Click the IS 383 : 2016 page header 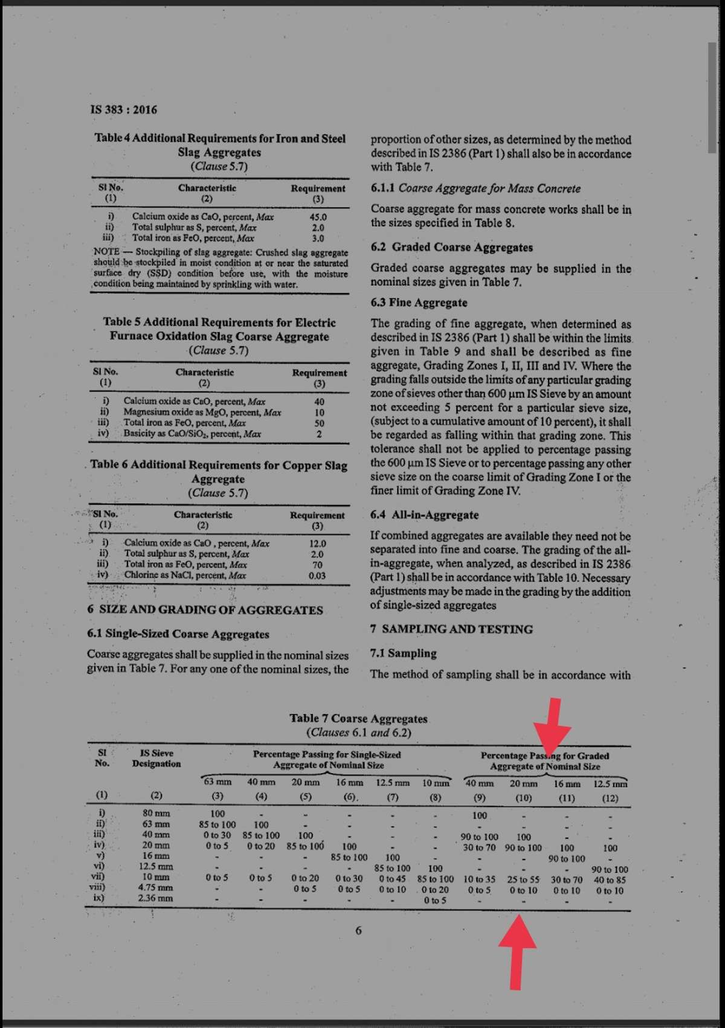pos(123,109)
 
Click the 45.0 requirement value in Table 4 pos(318,217)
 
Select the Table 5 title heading pos(219,329)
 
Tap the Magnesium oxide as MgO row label pos(202,412)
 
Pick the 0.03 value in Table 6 pos(317,576)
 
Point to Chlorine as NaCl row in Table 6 pos(185,575)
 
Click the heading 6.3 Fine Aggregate pos(419,303)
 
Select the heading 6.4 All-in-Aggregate pos(424,515)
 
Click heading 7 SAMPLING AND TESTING pos(451,629)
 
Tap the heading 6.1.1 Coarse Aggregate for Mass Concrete pos(475,188)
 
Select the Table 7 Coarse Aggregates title pos(358,719)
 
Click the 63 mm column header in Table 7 pos(217,782)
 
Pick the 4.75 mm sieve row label pos(155,887)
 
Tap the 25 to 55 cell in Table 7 pos(523,879)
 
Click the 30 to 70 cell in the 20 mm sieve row pos(479,847)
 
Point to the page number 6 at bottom pos(358,930)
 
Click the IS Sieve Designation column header pos(156,759)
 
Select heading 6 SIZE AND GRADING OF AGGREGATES pos(205,609)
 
